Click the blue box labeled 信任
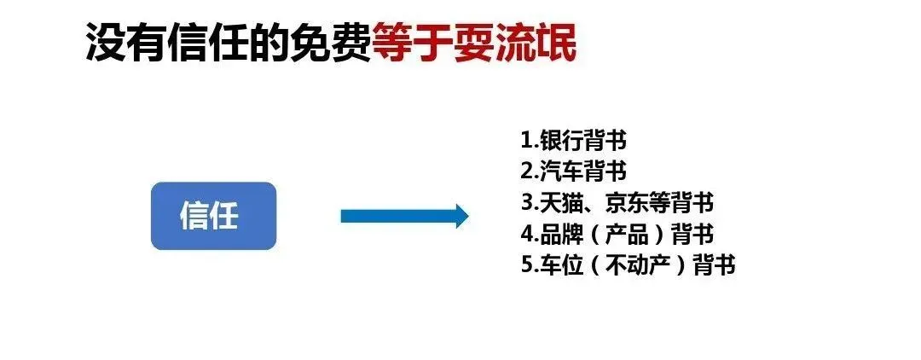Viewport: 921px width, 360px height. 213,216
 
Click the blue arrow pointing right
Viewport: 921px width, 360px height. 404,216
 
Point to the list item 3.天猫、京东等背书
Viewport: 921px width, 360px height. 617,203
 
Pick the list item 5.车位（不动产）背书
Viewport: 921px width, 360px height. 627,264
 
